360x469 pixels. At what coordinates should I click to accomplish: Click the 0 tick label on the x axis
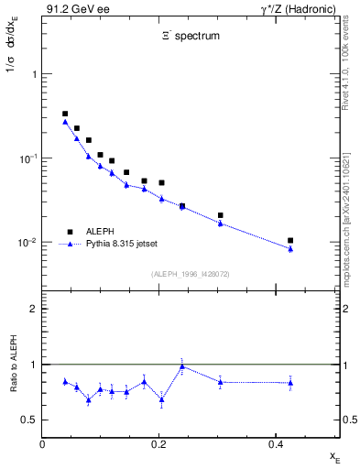(42, 443)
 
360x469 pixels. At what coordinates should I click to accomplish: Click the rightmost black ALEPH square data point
(290, 240)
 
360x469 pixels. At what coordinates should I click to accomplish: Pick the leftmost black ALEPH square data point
(65, 114)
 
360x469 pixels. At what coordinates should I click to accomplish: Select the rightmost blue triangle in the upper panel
(290, 248)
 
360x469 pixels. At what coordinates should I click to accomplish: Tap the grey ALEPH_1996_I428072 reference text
(190, 274)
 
